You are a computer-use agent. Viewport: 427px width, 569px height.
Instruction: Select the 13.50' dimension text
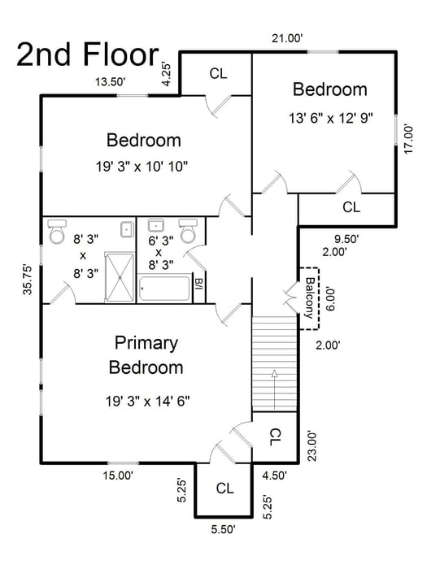click(114, 81)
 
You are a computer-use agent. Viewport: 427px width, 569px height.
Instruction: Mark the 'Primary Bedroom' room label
click(146, 354)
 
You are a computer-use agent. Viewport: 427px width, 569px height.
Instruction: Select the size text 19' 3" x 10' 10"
click(142, 166)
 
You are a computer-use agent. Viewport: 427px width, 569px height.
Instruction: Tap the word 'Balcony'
click(310, 298)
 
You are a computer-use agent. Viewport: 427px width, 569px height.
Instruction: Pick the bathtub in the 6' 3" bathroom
click(165, 289)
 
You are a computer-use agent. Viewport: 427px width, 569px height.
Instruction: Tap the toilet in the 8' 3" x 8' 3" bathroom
click(56, 232)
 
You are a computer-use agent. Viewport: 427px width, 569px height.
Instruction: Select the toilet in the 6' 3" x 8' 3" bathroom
click(187, 232)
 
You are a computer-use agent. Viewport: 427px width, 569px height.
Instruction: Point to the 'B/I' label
click(198, 285)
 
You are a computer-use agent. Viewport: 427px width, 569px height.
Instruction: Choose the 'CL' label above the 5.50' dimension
click(225, 489)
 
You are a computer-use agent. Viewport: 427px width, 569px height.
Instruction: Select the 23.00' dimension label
click(309, 445)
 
